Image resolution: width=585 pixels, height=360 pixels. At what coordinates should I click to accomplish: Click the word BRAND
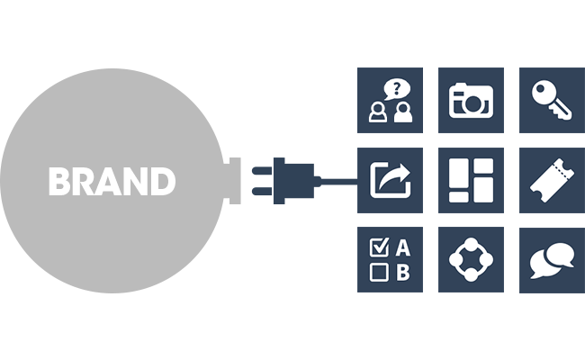click(112, 182)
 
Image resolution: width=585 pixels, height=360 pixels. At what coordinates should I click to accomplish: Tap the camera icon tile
click(471, 100)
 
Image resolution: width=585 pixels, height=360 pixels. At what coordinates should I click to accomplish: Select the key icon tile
click(552, 100)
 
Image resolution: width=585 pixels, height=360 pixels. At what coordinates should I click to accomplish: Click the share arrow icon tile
click(390, 180)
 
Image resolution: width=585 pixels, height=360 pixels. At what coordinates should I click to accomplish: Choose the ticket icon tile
click(552, 180)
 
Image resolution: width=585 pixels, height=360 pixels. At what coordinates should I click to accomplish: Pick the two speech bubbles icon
click(552, 260)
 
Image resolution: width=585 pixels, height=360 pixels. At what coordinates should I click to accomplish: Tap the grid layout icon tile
click(471, 180)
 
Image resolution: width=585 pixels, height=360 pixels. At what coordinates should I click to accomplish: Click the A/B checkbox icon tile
click(390, 260)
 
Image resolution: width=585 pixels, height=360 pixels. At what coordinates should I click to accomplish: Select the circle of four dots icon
click(471, 260)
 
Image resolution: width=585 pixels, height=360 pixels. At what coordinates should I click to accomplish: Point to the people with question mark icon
click(390, 100)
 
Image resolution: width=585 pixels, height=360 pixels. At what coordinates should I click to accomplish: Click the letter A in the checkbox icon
click(402, 247)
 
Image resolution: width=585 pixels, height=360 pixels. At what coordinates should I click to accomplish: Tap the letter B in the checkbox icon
click(402, 272)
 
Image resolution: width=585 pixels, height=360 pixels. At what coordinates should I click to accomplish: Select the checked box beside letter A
click(378, 247)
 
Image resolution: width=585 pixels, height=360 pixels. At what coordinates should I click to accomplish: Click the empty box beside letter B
click(378, 272)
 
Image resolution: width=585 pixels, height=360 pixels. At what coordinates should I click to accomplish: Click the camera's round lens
click(472, 103)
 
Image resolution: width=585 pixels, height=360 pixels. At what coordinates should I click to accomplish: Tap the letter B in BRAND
click(59, 182)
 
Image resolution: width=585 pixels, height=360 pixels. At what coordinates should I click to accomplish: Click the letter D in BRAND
click(162, 182)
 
